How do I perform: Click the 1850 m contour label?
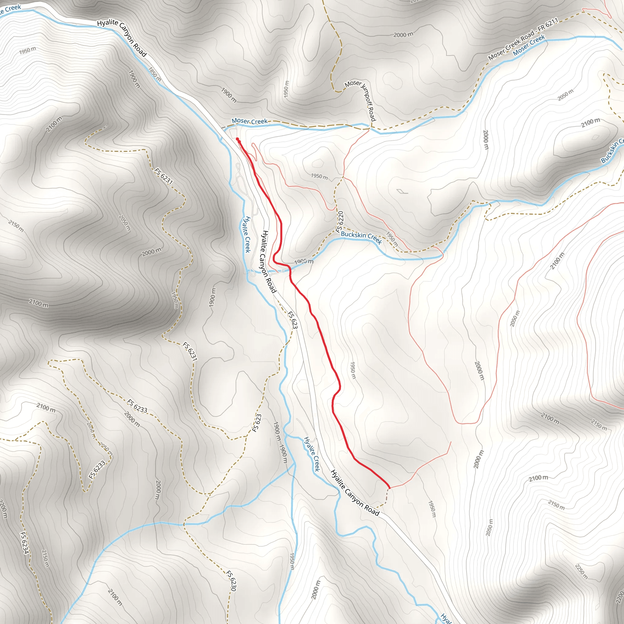click(155, 74)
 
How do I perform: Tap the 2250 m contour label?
click(581, 571)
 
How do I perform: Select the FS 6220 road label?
click(339, 222)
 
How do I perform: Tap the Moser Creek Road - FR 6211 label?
click(523, 39)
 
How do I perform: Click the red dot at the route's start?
click(237, 139)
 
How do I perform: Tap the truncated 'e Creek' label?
click(10, 9)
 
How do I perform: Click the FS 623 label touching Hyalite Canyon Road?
click(292, 320)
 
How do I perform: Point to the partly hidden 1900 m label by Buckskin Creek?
click(303, 261)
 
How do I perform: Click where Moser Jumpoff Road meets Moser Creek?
click(370, 128)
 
